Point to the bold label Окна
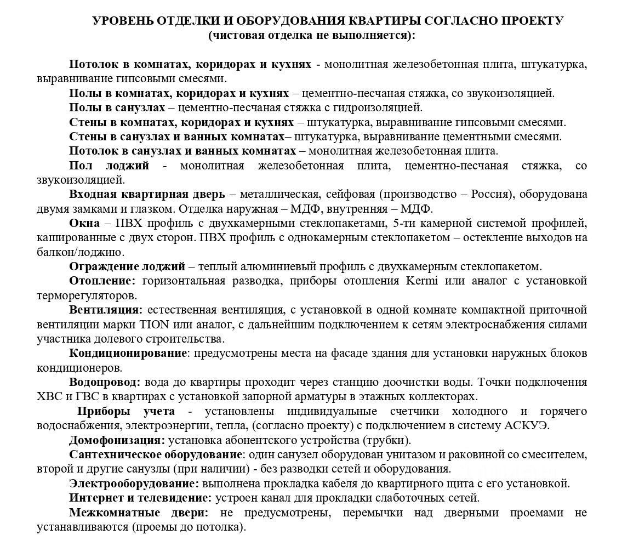[84, 223]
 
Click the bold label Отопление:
[102, 281]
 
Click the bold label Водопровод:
[105, 382]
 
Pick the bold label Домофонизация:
[117, 440]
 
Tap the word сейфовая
[350, 194]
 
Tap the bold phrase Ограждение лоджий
[127, 266]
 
